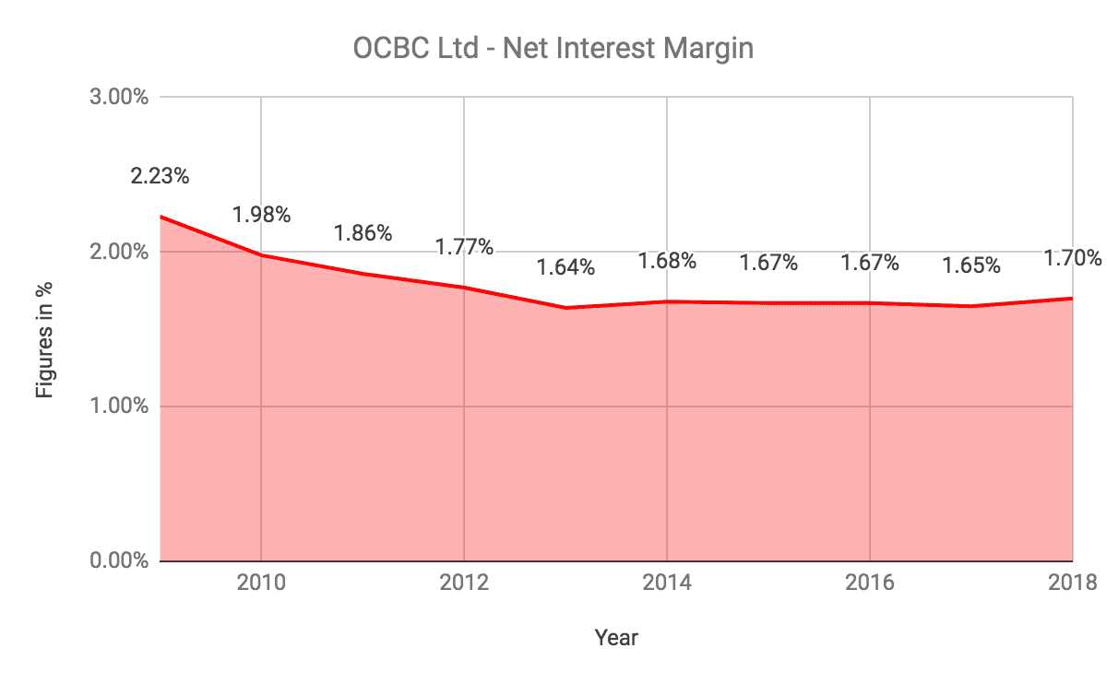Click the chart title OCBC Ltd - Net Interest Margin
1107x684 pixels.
pos(553,47)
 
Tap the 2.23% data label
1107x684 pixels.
pos(160,176)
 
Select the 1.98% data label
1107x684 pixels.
pos(261,215)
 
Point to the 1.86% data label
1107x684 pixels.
pos(363,233)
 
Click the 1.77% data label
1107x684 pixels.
pos(464,247)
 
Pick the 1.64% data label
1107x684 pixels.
pos(565,267)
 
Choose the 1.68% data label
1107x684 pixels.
pos(667,261)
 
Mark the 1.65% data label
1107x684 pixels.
pos(971,265)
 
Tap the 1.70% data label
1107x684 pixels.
pos(1073,258)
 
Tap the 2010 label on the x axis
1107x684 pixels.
pos(261,583)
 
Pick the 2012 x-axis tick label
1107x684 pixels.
pos(464,583)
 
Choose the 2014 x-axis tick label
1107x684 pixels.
pos(667,583)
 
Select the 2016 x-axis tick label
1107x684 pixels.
pos(870,583)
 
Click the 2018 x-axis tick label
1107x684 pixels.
pos(1073,583)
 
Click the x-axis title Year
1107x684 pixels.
pos(616,637)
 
